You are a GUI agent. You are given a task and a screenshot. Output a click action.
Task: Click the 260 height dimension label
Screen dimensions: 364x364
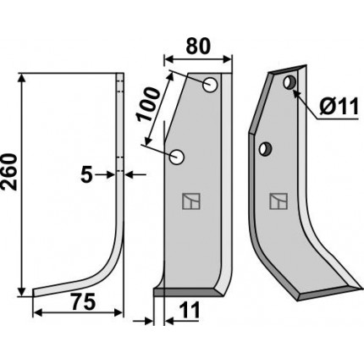9,171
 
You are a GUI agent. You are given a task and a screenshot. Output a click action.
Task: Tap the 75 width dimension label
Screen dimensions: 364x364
82,302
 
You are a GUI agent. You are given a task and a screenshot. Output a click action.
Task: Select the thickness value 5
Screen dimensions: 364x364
86,175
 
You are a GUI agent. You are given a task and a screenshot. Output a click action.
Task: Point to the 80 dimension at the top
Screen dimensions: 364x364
198,46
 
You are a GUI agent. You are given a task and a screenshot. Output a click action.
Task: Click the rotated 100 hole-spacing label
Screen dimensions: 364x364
147,104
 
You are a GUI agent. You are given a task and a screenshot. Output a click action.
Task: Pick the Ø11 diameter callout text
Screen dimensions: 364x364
339,107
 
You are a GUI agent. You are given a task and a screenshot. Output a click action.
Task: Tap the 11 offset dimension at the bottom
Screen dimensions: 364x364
189,310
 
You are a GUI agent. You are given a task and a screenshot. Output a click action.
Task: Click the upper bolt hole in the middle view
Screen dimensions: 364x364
210,84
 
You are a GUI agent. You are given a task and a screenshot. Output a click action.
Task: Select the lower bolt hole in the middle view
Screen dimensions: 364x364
177,157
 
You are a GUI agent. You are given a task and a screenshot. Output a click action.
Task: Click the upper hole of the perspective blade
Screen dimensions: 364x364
290,83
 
